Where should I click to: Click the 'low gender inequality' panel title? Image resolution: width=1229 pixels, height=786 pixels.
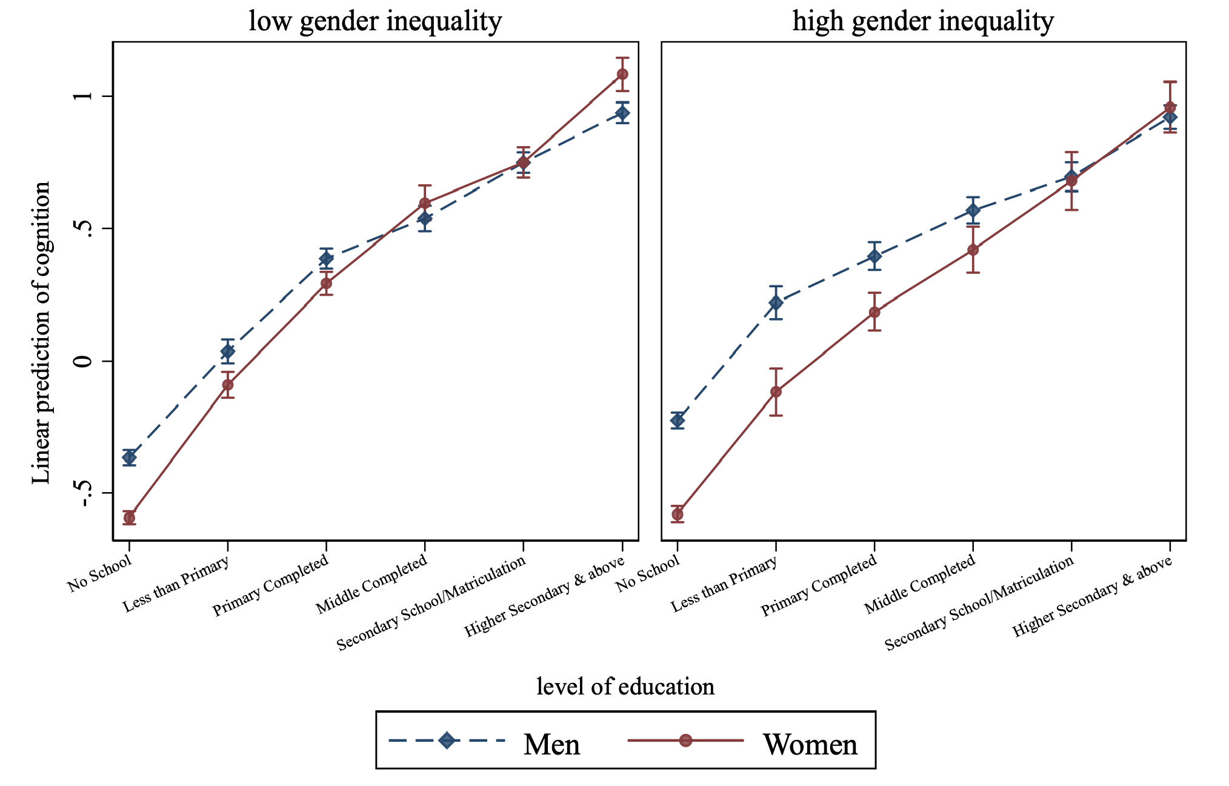(x=375, y=21)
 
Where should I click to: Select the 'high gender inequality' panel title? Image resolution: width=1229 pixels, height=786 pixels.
(x=923, y=21)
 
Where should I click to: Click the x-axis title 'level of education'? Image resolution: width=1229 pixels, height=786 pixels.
(x=625, y=687)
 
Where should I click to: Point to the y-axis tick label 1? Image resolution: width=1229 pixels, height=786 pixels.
(x=85, y=96)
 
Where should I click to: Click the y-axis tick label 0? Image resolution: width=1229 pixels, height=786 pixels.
(x=85, y=361)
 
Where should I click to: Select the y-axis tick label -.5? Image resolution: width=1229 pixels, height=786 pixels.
(x=85, y=493)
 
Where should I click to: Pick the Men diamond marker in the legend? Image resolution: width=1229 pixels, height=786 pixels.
(x=447, y=740)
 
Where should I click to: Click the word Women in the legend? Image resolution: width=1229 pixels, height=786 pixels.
(x=810, y=744)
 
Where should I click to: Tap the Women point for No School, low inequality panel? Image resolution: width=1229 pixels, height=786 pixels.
(x=129, y=518)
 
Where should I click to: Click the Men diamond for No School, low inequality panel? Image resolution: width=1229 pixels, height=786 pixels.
(x=129, y=457)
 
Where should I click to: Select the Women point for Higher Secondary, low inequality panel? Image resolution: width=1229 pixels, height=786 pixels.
(x=622, y=74)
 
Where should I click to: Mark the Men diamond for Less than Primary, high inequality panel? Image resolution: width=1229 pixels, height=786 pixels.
(x=776, y=302)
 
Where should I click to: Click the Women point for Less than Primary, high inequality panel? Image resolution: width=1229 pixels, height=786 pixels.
(x=776, y=391)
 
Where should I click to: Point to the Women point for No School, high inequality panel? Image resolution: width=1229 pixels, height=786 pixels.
(x=678, y=515)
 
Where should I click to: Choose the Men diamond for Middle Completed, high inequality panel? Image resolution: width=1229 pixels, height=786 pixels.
(x=973, y=210)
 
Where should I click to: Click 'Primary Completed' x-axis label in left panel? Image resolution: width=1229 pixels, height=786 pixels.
(x=270, y=585)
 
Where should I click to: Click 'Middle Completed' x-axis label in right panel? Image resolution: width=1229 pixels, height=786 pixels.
(x=919, y=584)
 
